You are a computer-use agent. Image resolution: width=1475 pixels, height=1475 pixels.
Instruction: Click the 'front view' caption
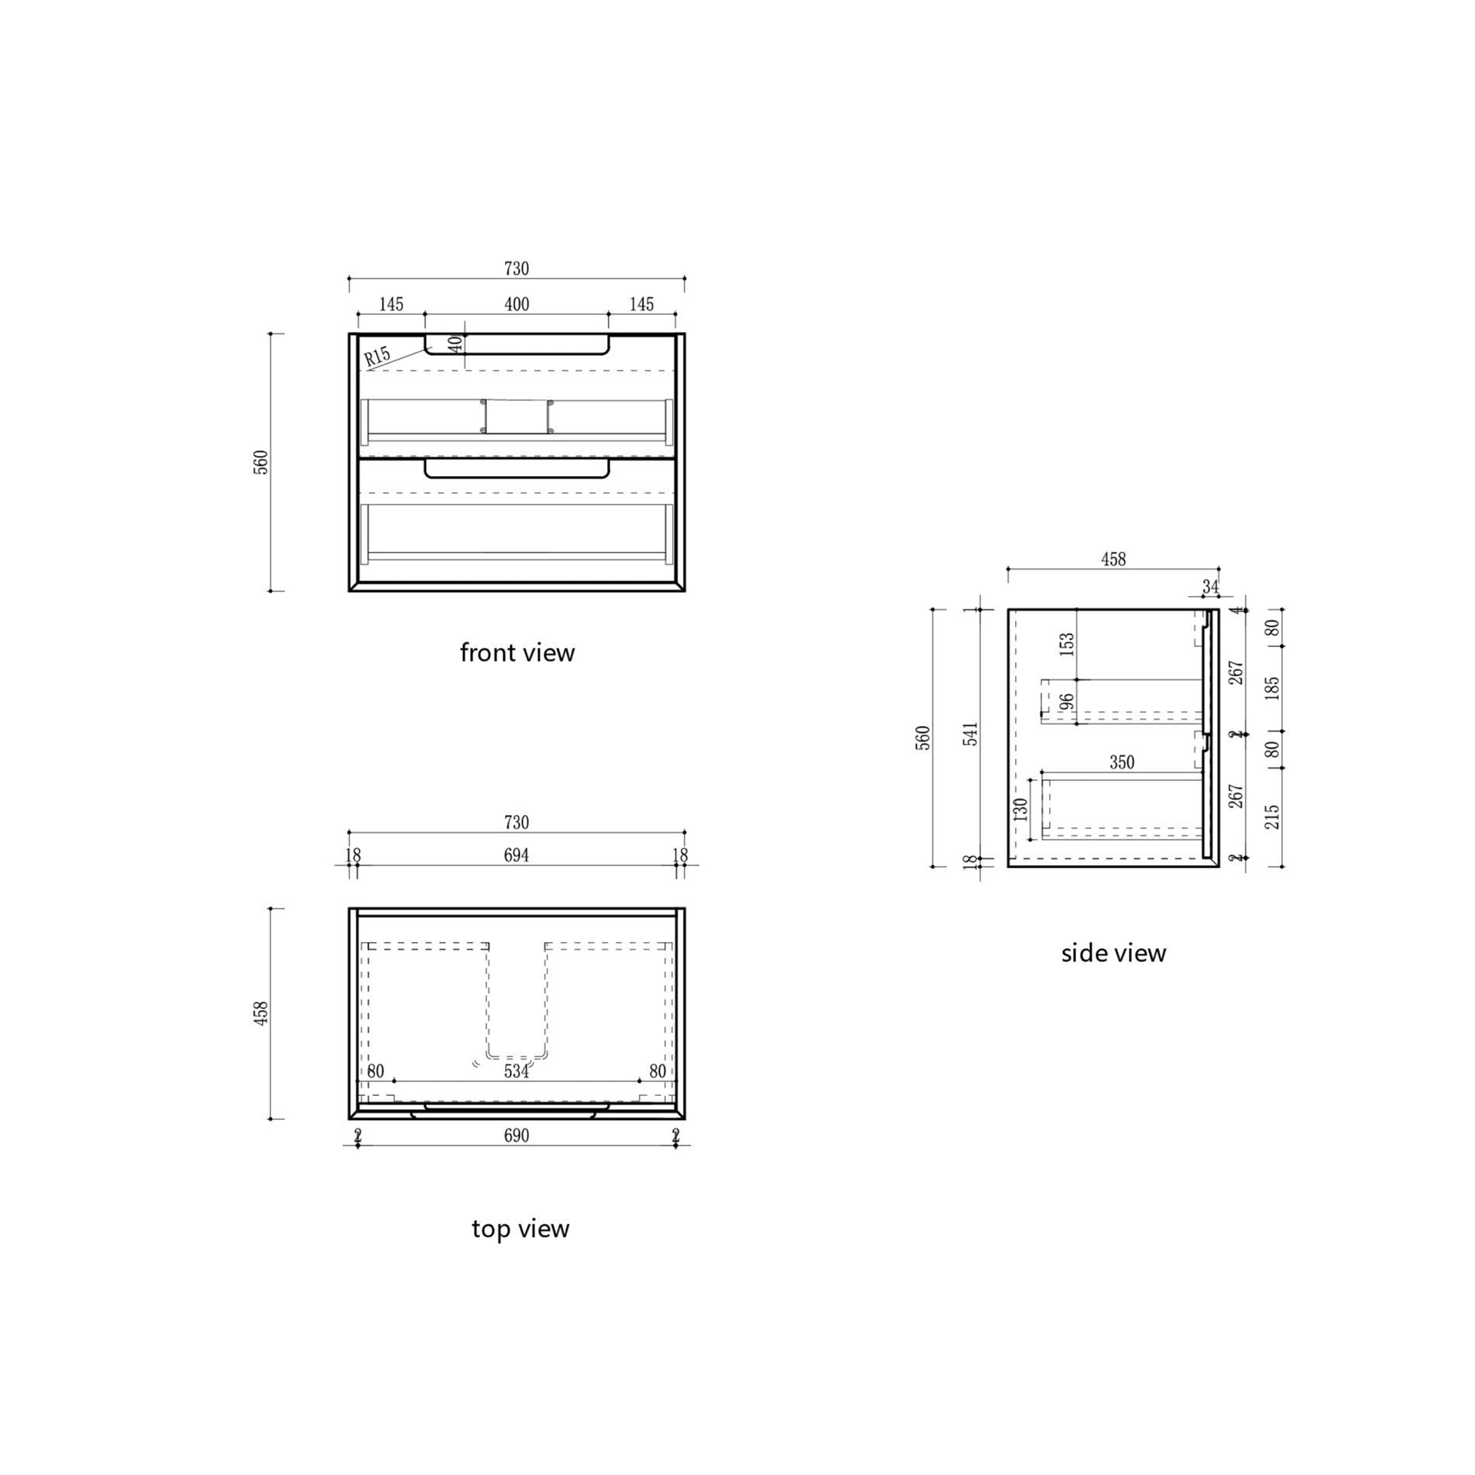click(517, 653)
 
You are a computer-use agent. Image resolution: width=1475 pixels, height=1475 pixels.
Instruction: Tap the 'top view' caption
click(520, 1228)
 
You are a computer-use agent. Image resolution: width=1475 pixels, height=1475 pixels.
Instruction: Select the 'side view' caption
click(1113, 953)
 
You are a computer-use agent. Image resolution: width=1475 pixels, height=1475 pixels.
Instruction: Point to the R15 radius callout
click(377, 355)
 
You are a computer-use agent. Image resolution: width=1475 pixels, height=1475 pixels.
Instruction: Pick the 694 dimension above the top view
click(516, 855)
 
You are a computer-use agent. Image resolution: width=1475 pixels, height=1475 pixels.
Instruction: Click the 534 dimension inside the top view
click(516, 1071)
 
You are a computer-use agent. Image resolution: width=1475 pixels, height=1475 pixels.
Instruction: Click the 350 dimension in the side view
click(1122, 762)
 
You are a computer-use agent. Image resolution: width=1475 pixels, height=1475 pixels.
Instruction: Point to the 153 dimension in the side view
click(1067, 644)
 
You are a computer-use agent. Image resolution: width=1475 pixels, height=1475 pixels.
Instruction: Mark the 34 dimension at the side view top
click(1210, 587)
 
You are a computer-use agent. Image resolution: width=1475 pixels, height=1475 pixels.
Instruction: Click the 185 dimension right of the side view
click(1272, 688)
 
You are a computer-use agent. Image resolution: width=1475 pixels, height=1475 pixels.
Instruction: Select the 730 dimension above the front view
click(517, 268)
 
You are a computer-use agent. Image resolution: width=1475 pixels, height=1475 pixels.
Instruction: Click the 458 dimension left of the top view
click(261, 1013)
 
